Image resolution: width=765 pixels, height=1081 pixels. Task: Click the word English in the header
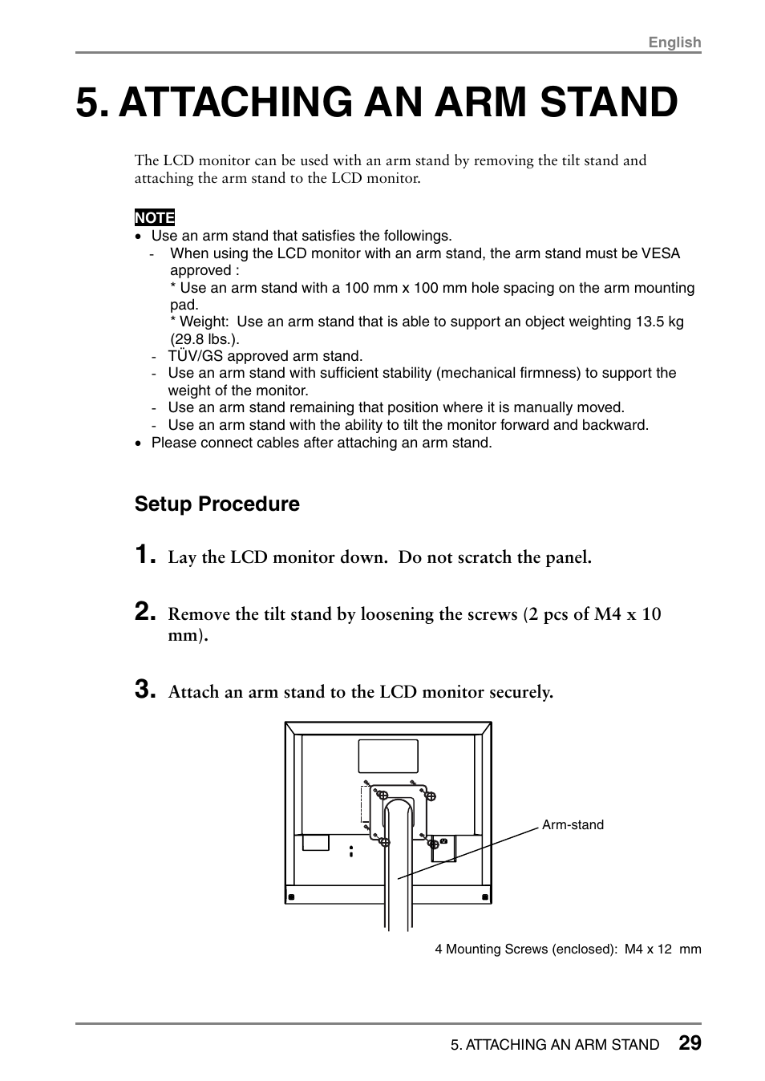point(674,43)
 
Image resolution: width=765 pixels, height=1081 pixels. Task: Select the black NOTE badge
point(155,217)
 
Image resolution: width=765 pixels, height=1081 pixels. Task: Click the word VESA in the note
point(661,253)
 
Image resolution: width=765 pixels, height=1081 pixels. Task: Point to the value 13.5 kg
point(659,322)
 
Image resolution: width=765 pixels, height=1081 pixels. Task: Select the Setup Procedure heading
point(217,504)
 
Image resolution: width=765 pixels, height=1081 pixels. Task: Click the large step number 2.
point(144,613)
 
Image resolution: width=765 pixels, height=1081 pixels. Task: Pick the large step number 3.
point(144,690)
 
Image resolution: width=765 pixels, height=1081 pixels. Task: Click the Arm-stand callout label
point(573,825)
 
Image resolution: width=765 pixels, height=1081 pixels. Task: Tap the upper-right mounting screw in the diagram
point(430,796)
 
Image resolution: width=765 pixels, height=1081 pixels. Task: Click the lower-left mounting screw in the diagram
point(384,842)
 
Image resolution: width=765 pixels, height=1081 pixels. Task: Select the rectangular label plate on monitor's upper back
point(388,756)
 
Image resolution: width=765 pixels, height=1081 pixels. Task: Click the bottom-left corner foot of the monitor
point(292,897)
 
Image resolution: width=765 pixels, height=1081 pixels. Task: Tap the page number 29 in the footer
point(689,1043)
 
